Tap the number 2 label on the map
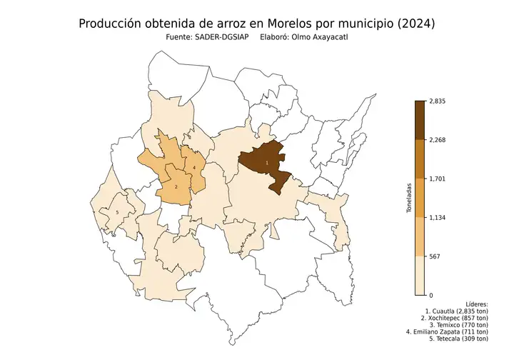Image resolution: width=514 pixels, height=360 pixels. click(176, 186)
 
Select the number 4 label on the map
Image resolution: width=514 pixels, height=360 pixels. click(194, 168)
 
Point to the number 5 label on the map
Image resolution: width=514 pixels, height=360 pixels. click(116, 212)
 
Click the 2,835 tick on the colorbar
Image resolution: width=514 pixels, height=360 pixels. click(437, 101)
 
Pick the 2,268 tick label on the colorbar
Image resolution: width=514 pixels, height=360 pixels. click(437, 140)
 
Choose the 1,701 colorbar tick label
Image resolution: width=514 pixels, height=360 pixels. click(437, 179)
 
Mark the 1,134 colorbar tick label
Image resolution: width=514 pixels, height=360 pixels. click(437, 217)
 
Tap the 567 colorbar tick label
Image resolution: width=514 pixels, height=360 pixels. click(433, 256)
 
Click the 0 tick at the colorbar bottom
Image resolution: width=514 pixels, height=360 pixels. click(430, 294)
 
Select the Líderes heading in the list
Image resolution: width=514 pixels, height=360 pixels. click(475, 304)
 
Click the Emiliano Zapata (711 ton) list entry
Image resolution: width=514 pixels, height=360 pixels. click(448, 331)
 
